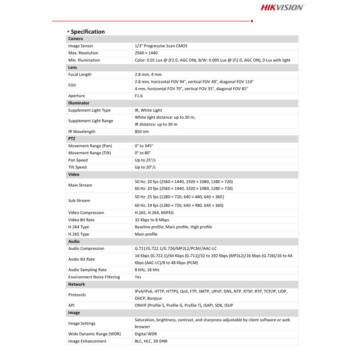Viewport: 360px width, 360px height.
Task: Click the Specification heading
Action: [x=87, y=31]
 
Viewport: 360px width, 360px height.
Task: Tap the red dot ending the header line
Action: [x=252, y=21]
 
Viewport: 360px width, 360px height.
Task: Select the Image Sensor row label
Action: [x=81, y=46]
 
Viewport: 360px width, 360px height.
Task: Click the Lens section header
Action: [x=72, y=67]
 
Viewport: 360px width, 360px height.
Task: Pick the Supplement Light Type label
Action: [x=89, y=110]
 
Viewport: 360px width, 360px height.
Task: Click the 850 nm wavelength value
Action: [x=142, y=131]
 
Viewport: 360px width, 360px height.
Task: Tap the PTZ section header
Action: [x=72, y=139]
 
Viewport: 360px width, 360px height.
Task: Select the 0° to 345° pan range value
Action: [x=144, y=146]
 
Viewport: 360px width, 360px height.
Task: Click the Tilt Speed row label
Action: [x=77, y=167]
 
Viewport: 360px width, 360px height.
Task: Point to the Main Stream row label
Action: [x=80, y=185]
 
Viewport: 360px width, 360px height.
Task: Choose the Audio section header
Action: [x=73, y=241]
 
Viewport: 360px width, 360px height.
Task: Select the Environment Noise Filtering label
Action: [x=94, y=277]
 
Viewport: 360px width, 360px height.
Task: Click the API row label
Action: [x=72, y=305]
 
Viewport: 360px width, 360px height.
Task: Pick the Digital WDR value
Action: [x=146, y=334]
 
